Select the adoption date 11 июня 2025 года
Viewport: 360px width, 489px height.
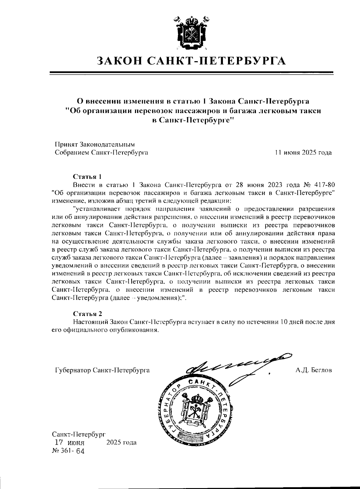[304, 153]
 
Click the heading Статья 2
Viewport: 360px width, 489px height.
[88, 314]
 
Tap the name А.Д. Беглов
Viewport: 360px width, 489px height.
[313, 370]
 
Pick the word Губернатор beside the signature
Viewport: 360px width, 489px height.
[73, 370]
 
